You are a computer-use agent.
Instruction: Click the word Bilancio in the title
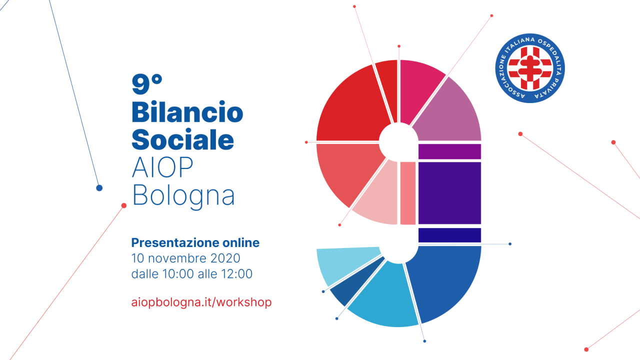pyautogui.click(x=187, y=111)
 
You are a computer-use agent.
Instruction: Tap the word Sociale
pyautogui.click(x=183, y=139)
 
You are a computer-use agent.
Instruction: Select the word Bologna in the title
pyautogui.click(x=183, y=196)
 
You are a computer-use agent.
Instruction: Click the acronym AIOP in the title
pyautogui.click(x=162, y=167)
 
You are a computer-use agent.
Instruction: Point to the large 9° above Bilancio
pyautogui.click(x=147, y=84)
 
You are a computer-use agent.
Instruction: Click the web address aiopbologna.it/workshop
pyautogui.click(x=201, y=302)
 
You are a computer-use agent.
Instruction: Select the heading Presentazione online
pyautogui.click(x=195, y=242)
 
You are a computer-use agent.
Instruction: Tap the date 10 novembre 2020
pyautogui.click(x=185, y=258)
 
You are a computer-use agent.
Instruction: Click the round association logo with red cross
pyautogui.click(x=530, y=68)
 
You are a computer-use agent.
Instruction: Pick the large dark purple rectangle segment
pyautogui.click(x=449, y=193)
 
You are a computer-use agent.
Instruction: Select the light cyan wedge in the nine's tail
pyautogui.click(x=347, y=264)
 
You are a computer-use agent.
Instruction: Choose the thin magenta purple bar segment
pyautogui.click(x=449, y=151)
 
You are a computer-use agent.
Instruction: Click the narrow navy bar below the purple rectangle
pyautogui.click(x=449, y=235)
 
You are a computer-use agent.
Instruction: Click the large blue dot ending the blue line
pyautogui.click(x=99, y=188)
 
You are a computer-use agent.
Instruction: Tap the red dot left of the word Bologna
pyautogui.click(x=123, y=205)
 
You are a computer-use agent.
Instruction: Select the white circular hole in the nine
pyautogui.click(x=398, y=142)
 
